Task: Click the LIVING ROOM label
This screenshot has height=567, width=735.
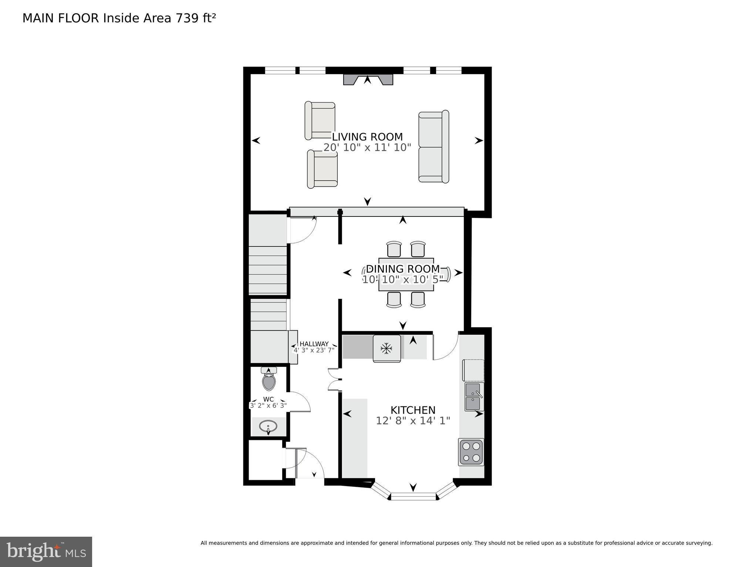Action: [367, 137]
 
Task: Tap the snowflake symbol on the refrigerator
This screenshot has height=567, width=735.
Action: [387, 348]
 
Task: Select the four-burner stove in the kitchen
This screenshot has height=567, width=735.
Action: [471, 452]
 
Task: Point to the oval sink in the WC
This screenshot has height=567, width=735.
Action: [269, 427]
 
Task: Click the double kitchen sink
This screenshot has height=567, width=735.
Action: [473, 397]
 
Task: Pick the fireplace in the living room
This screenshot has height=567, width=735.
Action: [368, 80]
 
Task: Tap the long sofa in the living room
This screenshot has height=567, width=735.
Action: [434, 147]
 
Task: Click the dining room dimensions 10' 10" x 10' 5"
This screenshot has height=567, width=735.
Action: [402, 280]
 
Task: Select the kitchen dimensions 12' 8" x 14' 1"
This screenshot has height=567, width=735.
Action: [413, 421]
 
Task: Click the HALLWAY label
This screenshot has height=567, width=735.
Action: [314, 344]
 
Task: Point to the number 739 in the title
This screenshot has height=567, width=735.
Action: [187, 18]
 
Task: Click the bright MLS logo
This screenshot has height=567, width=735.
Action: [46, 551]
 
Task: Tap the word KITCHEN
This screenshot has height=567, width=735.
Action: [413, 410]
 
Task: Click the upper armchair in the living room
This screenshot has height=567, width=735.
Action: [320, 120]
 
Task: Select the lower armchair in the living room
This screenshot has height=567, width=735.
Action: [322, 169]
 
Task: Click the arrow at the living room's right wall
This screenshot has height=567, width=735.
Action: [479, 140]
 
